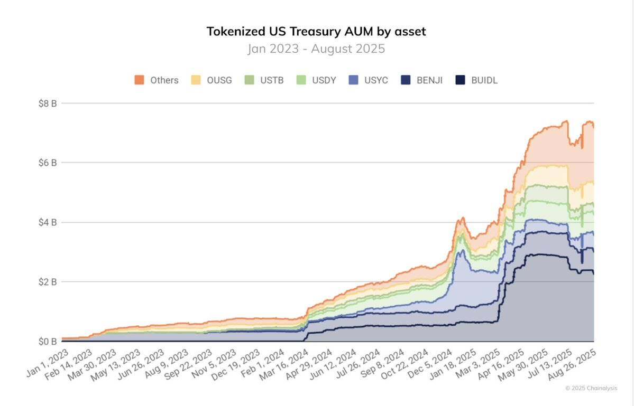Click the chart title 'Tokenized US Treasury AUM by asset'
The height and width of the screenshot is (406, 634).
click(x=316, y=31)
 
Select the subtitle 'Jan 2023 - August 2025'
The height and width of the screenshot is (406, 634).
click(x=316, y=49)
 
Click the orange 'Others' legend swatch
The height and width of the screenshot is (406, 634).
click(x=139, y=80)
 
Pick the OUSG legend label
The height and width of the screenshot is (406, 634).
click(x=219, y=80)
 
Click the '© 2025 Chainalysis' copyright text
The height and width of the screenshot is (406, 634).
click(x=591, y=388)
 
